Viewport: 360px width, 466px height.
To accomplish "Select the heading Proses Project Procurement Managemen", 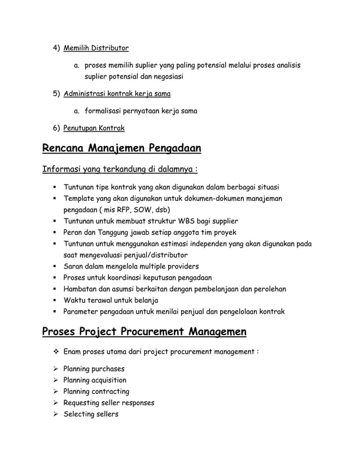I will (x=144, y=331).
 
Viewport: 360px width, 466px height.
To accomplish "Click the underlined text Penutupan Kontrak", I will (x=94, y=129).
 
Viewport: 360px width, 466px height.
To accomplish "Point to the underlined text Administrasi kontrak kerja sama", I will (x=117, y=93).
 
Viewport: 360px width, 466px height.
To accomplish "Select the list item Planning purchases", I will (x=94, y=369).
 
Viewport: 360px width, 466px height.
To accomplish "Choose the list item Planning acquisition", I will (x=95, y=380).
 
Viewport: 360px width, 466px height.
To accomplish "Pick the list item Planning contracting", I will (x=96, y=392).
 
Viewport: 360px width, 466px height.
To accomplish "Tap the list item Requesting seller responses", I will (x=108, y=403).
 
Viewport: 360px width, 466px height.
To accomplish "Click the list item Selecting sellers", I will (x=90, y=414).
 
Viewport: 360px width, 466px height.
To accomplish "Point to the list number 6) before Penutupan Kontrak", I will (x=56, y=129).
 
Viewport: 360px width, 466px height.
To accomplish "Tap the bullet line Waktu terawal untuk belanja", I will (x=111, y=300).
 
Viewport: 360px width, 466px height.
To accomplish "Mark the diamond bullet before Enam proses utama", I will (x=55, y=352).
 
